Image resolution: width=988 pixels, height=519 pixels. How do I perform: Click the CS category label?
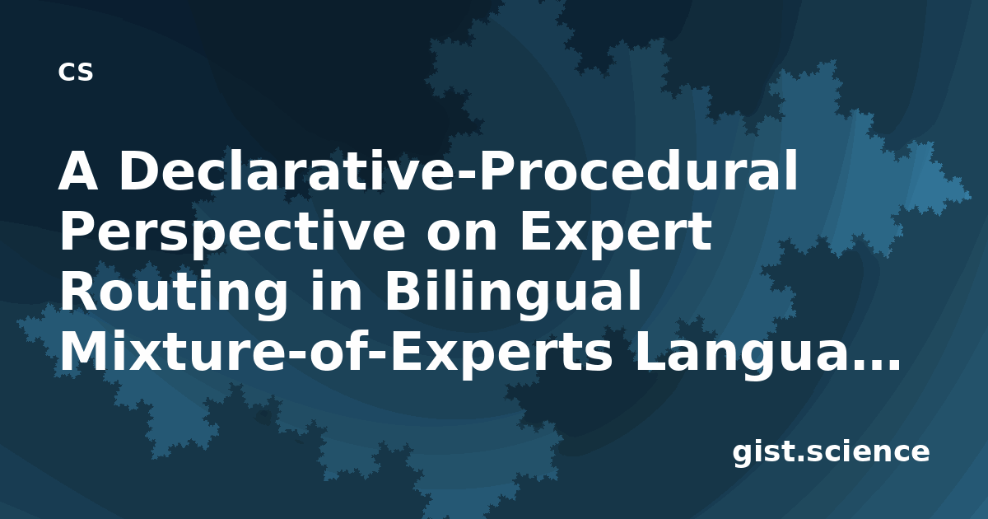pos(76,72)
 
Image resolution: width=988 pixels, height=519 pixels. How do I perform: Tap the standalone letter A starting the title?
pos(78,171)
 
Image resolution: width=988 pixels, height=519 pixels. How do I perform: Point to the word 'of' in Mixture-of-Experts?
pos(338,350)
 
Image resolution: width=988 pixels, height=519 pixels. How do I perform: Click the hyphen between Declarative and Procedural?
pos(468,175)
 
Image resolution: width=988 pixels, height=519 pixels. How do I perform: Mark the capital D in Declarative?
pos(140,171)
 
